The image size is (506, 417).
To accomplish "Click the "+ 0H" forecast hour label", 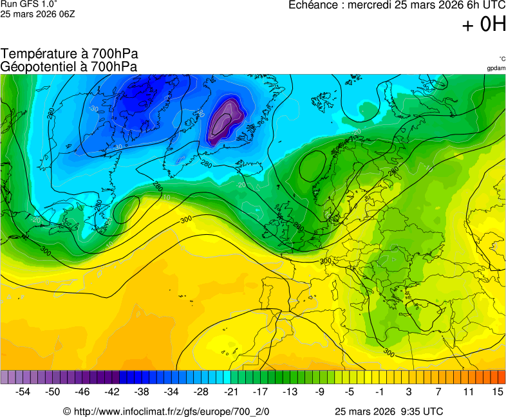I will (x=483, y=25).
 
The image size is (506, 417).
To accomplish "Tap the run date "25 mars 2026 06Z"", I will (x=37, y=14).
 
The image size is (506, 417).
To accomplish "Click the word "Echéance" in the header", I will (x=312, y=5).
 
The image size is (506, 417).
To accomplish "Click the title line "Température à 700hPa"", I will (x=69, y=54).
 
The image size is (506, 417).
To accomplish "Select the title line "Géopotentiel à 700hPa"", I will (x=69, y=66).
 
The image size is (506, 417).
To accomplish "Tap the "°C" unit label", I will (x=501, y=59).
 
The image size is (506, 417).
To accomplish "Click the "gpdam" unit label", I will (x=496, y=68).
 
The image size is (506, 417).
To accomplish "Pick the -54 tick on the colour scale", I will (x=23, y=391).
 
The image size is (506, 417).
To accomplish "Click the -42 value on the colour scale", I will (x=112, y=391).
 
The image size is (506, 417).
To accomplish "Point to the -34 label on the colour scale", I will (x=171, y=391).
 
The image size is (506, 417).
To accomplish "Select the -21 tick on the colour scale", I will (x=230, y=391).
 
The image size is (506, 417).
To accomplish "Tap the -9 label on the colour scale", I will (x=319, y=391).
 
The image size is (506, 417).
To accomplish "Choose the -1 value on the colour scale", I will (x=379, y=391).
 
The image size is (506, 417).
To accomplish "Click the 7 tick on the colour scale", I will (x=438, y=391).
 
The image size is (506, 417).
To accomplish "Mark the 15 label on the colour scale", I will (x=497, y=391).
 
